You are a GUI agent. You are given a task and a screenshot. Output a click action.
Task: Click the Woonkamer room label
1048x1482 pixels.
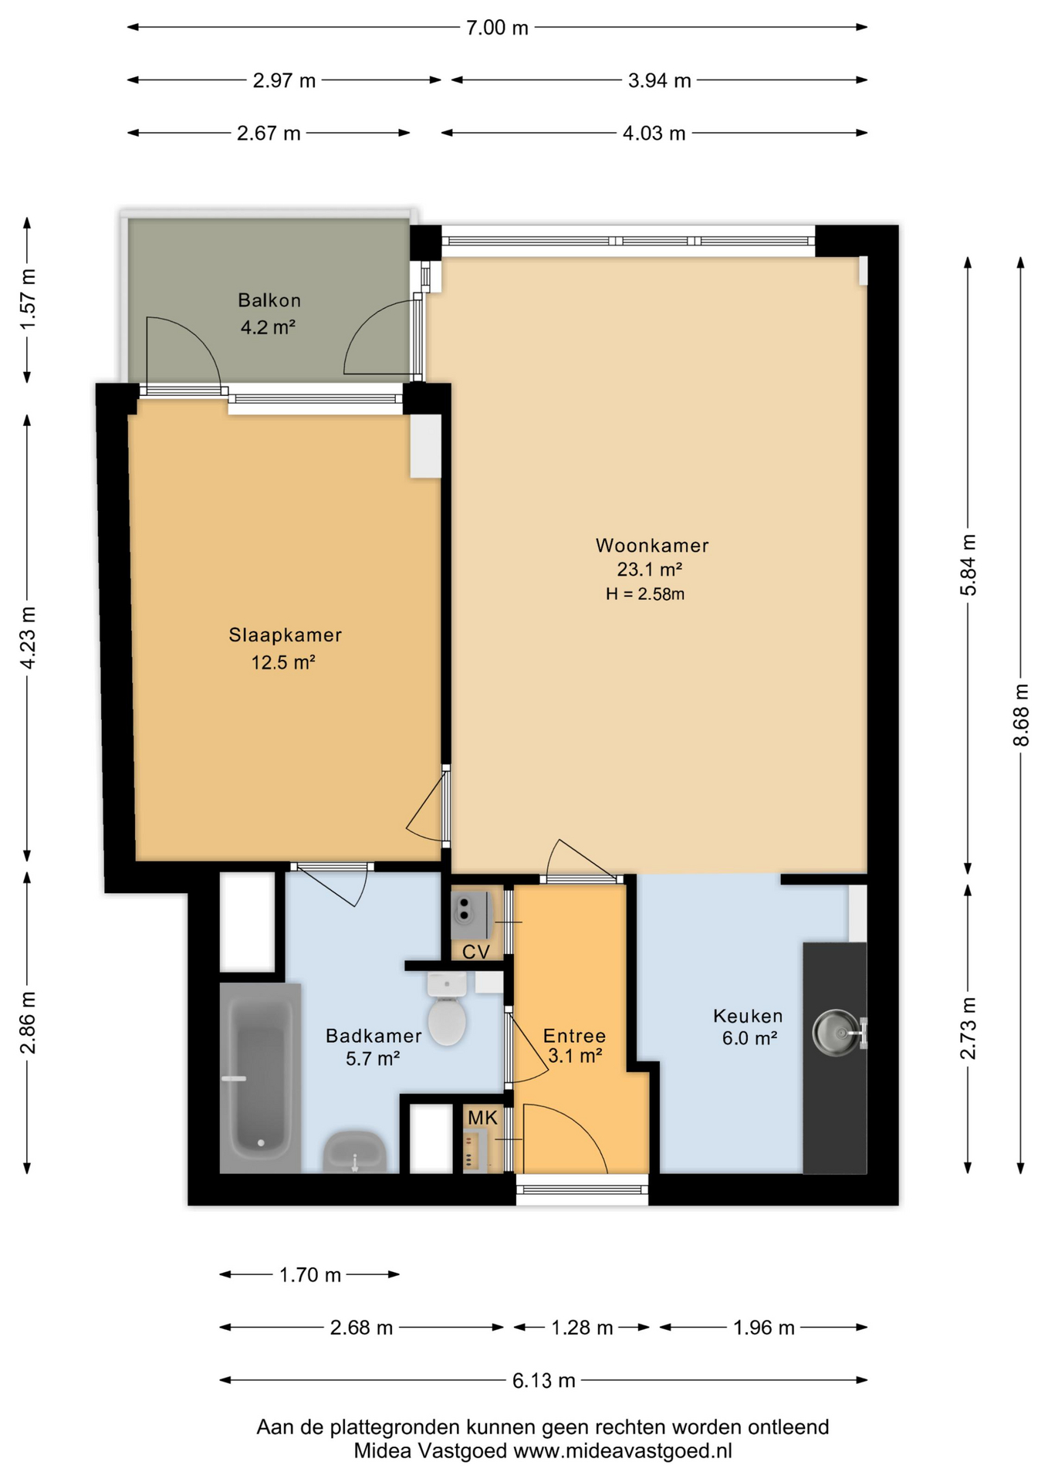pyautogui.click(x=652, y=546)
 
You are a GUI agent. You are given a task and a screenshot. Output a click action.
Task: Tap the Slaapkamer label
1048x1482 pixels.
pyautogui.click(x=285, y=635)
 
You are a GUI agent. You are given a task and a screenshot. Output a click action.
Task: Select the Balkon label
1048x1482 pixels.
pyautogui.click(x=269, y=300)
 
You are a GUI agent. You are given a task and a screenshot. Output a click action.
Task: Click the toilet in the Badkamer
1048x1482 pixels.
pyautogui.click(x=447, y=1007)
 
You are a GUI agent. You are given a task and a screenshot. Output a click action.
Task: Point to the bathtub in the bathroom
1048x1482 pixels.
pyautogui.click(x=260, y=1078)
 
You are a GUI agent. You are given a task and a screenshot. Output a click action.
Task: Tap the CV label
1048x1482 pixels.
pyautogui.click(x=476, y=952)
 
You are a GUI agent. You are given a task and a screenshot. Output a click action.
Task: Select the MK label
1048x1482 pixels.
pyautogui.click(x=483, y=1117)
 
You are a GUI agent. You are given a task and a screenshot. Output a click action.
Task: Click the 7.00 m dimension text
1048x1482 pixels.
pyautogui.click(x=498, y=28)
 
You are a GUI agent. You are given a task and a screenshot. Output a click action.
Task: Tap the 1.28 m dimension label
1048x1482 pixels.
pyautogui.click(x=582, y=1328)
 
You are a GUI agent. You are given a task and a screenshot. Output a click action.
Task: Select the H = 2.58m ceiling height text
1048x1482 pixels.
pyautogui.click(x=645, y=594)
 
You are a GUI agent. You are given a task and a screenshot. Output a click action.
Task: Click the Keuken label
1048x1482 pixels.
pyautogui.click(x=748, y=1016)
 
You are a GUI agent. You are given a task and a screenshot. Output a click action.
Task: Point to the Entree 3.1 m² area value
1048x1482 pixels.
pyautogui.click(x=575, y=1055)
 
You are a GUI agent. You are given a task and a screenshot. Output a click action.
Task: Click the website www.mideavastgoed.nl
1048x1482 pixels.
pyautogui.click(x=623, y=1451)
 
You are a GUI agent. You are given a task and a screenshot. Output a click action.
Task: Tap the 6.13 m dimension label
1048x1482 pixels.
pyautogui.click(x=544, y=1380)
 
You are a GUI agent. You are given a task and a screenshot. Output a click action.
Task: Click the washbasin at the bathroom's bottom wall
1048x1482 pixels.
pyautogui.click(x=354, y=1152)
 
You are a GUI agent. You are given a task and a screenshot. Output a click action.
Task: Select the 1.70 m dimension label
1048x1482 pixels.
pyautogui.click(x=310, y=1274)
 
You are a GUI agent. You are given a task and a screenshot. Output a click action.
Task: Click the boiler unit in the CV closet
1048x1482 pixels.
pyautogui.click(x=470, y=916)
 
